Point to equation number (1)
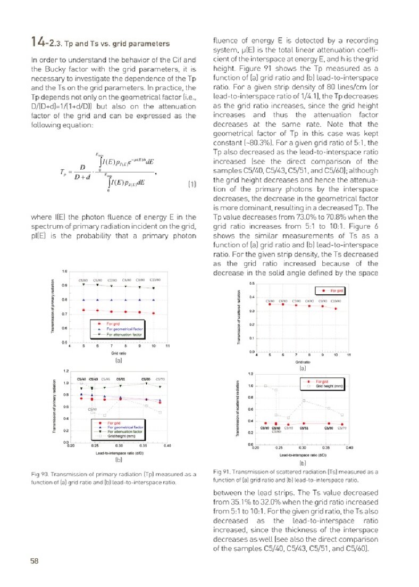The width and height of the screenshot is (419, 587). pyautogui.click(x=192, y=185)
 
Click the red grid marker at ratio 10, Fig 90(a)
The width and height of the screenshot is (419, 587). pyautogui.click(x=153, y=313)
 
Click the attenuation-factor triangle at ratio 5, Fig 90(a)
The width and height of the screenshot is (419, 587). pyautogui.click(x=84, y=285)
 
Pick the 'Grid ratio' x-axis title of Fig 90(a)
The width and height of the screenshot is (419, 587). pyautogui.click(x=118, y=353)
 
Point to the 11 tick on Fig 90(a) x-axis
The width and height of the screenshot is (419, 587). pyautogui.click(x=167, y=346)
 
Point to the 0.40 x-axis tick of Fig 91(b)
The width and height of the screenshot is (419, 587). pyautogui.click(x=349, y=448)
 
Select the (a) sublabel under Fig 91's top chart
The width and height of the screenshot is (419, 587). pyautogui.click(x=303, y=368)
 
